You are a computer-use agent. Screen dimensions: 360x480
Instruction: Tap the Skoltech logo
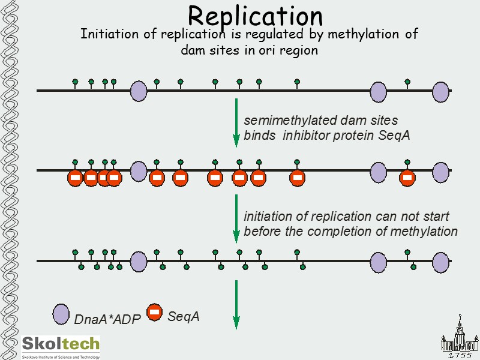pos(61,344)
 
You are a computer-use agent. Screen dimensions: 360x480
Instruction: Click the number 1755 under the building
pos(461,355)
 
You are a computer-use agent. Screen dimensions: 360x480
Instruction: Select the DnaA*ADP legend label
pos(107,320)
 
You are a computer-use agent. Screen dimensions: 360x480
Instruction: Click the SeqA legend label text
pos(184,316)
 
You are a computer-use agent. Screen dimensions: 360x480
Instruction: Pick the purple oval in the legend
pos(61,314)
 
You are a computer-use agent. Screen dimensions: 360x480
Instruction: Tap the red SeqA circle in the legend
pos(154,311)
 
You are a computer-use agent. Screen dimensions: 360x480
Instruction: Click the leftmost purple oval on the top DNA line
pos(139,91)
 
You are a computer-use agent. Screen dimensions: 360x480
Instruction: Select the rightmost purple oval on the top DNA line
pos(441,92)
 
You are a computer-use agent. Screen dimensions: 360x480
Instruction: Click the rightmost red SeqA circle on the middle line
pos(407,178)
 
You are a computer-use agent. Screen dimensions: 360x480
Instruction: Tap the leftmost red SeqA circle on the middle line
pos(75,178)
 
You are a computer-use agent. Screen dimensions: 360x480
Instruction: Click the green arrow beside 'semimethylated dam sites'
pos(236,122)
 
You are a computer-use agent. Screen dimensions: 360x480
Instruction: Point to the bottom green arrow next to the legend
pos(236,304)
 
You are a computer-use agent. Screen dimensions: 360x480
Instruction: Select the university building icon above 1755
pos(459,336)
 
